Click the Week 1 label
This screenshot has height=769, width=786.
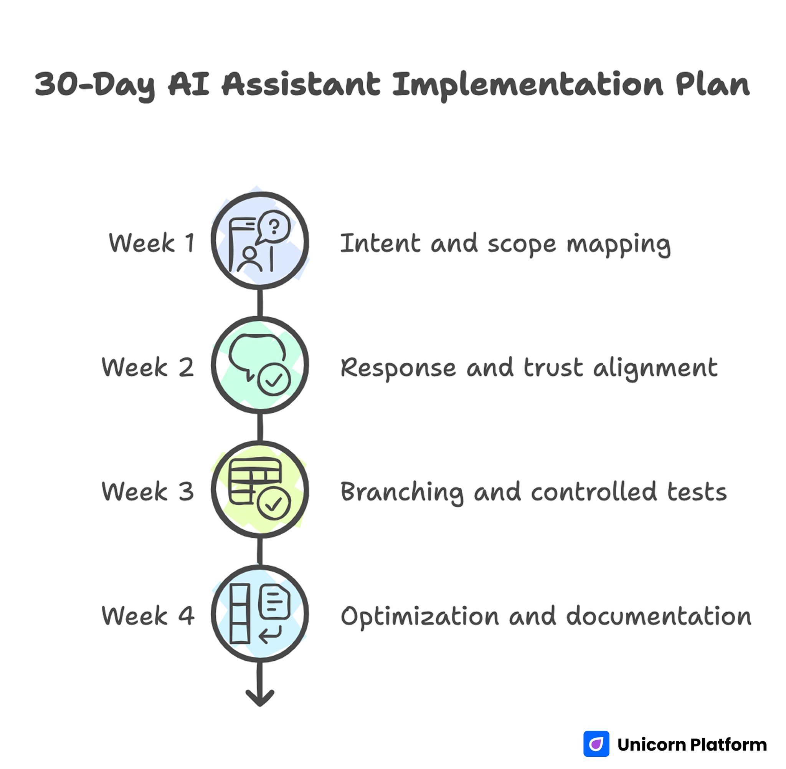pyautogui.click(x=152, y=243)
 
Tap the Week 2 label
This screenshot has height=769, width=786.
pyautogui.click(x=148, y=367)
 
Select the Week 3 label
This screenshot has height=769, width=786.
pyautogui.click(x=148, y=492)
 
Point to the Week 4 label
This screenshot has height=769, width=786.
pyautogui.click(x=148, y=616)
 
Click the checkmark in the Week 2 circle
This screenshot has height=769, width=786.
pyautogui.click(x=274, y=380)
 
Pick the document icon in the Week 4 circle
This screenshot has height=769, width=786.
pyautogui.click(x=274, y=602)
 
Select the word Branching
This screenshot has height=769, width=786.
pyautogui.click(x=402, y=493)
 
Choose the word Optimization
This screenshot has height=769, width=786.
pyautogui.click(x=419, y=617)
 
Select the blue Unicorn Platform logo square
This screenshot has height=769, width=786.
pyautogui.click(x=596, y=744)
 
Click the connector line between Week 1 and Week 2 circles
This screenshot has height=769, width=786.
pyautogui.click(x=260, y=303)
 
